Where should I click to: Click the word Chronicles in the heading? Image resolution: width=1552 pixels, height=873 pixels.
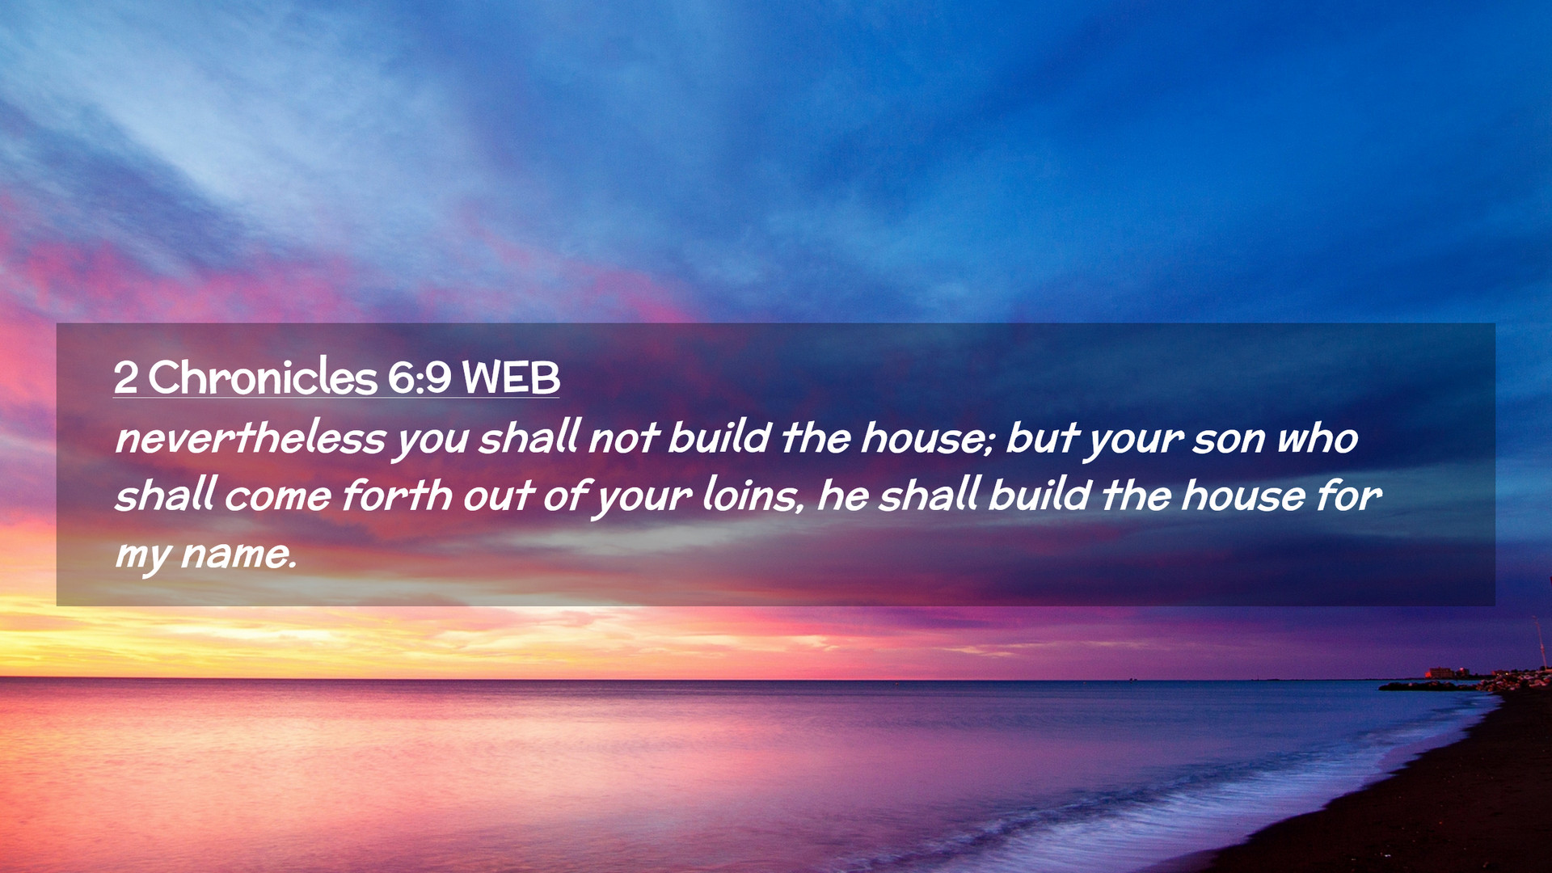[263, 377]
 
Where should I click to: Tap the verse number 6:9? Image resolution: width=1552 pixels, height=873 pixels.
[420, 377]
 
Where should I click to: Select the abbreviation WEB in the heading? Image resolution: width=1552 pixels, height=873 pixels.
[511, 377]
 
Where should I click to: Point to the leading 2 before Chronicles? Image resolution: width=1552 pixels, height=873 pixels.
[125, 377]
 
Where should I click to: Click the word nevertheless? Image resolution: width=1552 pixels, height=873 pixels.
[251, 438]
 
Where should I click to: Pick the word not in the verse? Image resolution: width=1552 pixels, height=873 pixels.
[623, 438]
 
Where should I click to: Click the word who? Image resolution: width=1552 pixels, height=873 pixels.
[1318, 438]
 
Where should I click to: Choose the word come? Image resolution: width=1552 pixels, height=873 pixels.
[278, 497]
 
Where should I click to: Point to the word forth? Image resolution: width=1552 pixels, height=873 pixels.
[397, 495]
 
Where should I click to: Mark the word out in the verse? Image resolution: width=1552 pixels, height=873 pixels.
[498, 496]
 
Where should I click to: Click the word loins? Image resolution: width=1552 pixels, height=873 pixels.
[752, 495]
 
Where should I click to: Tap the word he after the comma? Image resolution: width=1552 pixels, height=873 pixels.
[842, 495]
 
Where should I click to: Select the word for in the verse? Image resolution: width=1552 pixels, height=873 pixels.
[1348, 495]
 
